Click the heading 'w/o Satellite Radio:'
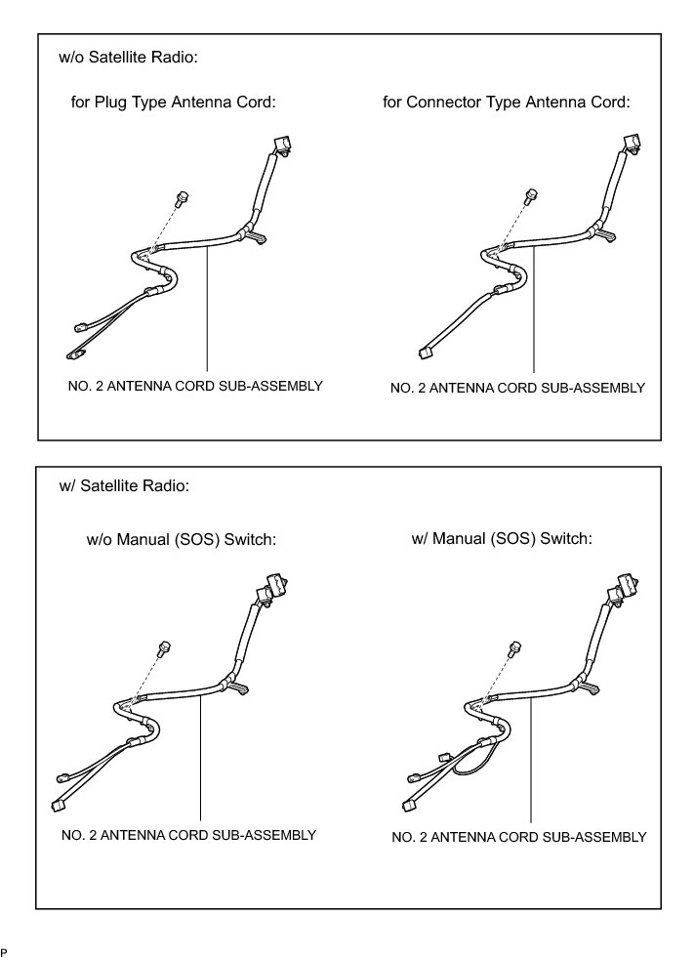pos(129,58)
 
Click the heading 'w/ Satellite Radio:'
pos(124,485)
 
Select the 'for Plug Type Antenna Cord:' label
pos(166,102)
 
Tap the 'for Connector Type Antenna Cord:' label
pos(507,102)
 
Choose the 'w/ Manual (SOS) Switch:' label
pos(503,538)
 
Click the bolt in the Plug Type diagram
pos(182,198)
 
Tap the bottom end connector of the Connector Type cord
pos(426,352)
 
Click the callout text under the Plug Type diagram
pos(188,386)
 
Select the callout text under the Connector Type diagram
pos(517,388)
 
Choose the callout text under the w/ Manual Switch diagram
pos(518,837)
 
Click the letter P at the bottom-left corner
pos(4,950)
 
